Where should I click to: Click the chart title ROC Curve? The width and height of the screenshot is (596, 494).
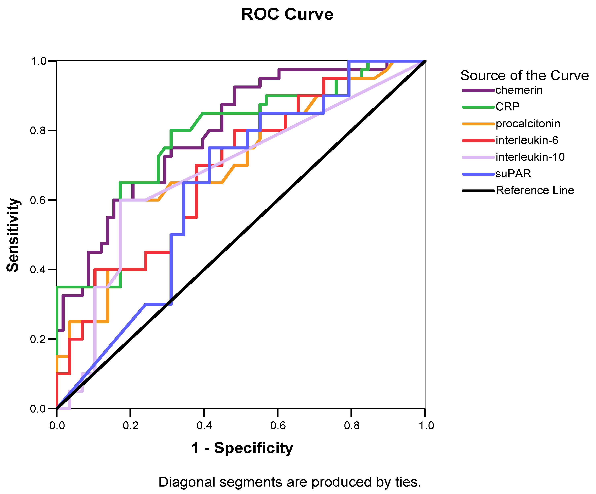point(287,14)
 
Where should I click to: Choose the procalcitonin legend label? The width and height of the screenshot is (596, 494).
point(528,124)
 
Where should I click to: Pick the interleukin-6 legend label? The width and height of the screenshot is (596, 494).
point(527,140)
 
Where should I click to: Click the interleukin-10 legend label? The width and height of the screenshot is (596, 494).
point(530,157)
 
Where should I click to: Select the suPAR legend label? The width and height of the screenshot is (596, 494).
point(513,173)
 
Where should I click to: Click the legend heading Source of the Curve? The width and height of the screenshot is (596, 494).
point(524,75)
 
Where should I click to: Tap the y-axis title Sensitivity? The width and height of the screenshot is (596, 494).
point(13,235)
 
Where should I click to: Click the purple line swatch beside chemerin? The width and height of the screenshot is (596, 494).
point(479,90)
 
